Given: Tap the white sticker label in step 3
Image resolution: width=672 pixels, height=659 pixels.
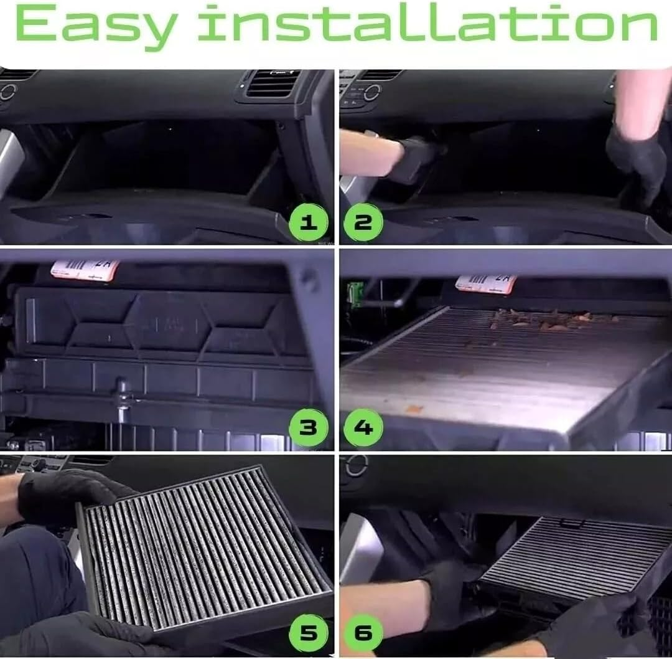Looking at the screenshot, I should click(x=84, y=269).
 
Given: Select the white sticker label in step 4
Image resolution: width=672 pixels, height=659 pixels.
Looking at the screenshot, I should click(x=485, y=283).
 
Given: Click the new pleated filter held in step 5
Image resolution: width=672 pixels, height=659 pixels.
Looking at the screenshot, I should click(x=205, y=548).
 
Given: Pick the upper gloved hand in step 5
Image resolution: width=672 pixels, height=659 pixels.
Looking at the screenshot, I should click(x=68, y=495).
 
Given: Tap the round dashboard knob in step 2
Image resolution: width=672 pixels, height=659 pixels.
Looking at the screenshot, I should click(x=371, y=92).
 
